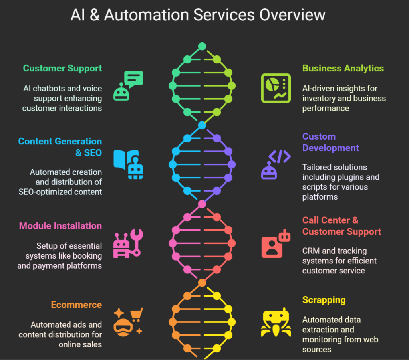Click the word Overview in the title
point(292,15)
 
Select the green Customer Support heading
point(62,68)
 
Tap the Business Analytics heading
point(343,68)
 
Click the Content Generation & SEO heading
point(60,147)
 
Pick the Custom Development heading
point(330,142)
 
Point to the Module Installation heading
point(60,226)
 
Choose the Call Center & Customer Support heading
point(341,226)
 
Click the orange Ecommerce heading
point(76,305)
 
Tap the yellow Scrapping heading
point(324,300)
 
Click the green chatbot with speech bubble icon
point(128,85)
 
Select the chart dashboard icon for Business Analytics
point(276,88)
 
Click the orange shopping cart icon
point(136,315)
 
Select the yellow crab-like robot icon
point(276,322)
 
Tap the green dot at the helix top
point(202,46)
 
